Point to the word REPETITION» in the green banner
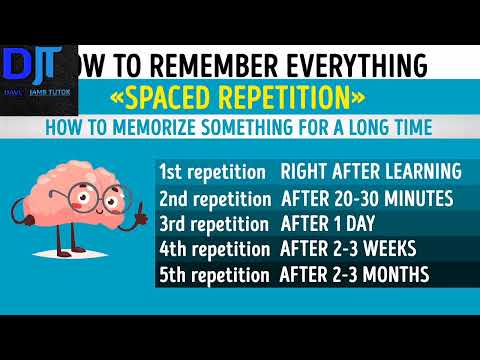point(291,100)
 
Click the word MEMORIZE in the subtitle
point(185,130)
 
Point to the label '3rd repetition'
point(213,222)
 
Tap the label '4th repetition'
point(213,248)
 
